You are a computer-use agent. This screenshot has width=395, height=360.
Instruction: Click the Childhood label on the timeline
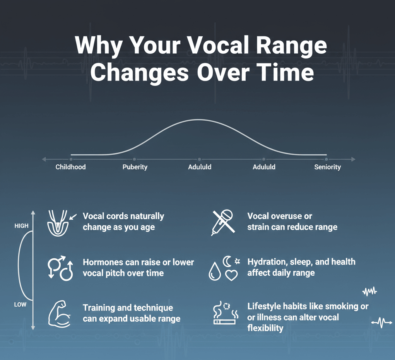(x=70, y=167)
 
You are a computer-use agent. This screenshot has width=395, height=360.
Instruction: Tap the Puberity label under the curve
(x=135, y=167)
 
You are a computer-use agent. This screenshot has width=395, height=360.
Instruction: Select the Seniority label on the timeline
(x=327, y=167)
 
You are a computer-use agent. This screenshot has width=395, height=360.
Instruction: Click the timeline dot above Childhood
(x=71, y=159)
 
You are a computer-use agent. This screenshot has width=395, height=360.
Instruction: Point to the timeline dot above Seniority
(x=326, y=159)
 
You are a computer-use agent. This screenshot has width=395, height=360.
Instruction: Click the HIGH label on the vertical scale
(x=21, y=226)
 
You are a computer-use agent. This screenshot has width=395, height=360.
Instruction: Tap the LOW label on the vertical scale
(x=20, y=305)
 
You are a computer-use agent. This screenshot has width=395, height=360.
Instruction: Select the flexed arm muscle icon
(x=59, y=314)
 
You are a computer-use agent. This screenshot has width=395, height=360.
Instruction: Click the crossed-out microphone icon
(x=223, y=223)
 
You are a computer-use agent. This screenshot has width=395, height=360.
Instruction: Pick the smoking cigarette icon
(x=225, y=313)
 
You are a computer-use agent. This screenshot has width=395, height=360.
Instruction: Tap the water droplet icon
(x=215, y=271)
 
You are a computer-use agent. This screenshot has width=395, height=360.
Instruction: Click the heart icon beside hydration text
(x=231, y=275)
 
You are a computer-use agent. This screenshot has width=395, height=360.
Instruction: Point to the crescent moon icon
(x=227, y=261)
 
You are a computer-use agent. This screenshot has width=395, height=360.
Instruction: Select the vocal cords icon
(x=58, y=223)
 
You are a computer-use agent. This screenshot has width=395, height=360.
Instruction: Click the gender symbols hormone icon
(x=60, y=268)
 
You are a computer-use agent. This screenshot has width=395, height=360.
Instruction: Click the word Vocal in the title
(x=215, y=45)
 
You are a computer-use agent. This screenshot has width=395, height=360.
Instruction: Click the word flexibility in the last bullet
(x=265, y=328)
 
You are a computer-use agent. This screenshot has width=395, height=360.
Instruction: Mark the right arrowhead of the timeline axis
(x=354, y=159)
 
